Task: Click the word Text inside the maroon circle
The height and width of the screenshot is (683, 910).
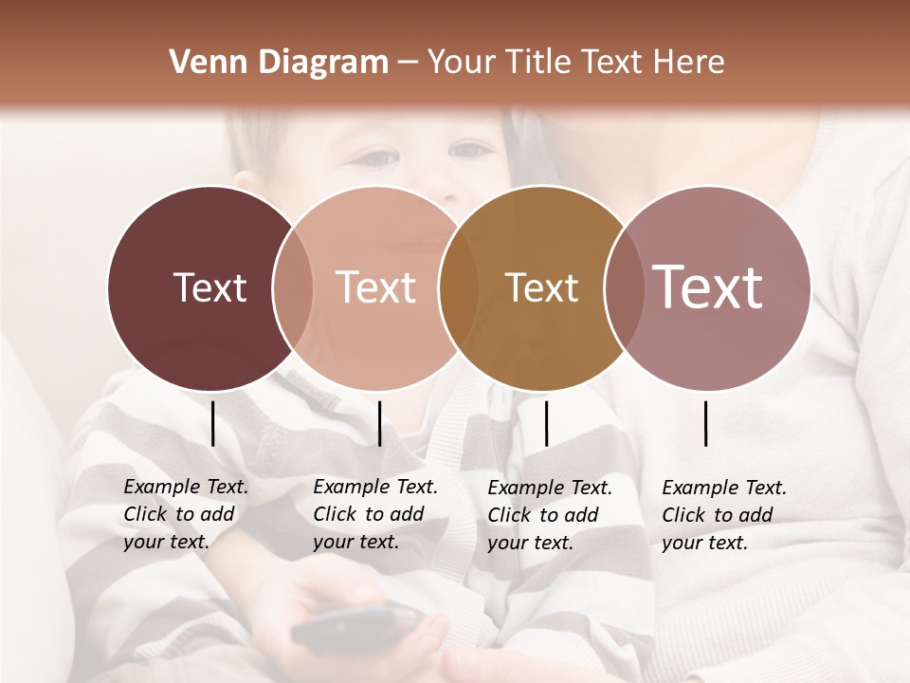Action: point(210,287)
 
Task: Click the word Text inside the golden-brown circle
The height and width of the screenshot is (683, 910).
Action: point(541,287)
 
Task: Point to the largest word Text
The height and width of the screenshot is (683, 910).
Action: point(708,286)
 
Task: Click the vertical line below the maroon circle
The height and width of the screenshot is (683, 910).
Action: point(213,423)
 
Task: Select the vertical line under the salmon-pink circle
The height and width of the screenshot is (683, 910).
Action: point(379,423)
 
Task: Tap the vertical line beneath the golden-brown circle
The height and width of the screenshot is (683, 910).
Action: point(546,423)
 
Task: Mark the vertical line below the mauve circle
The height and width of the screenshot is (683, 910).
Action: point(706,423)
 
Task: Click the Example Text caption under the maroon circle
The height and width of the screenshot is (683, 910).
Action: point(186,514)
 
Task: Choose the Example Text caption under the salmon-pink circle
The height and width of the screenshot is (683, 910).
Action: point(375,514)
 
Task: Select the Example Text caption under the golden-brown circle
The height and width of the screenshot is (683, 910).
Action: point(550,514)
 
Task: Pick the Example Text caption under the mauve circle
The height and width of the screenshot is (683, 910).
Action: point(724,514)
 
